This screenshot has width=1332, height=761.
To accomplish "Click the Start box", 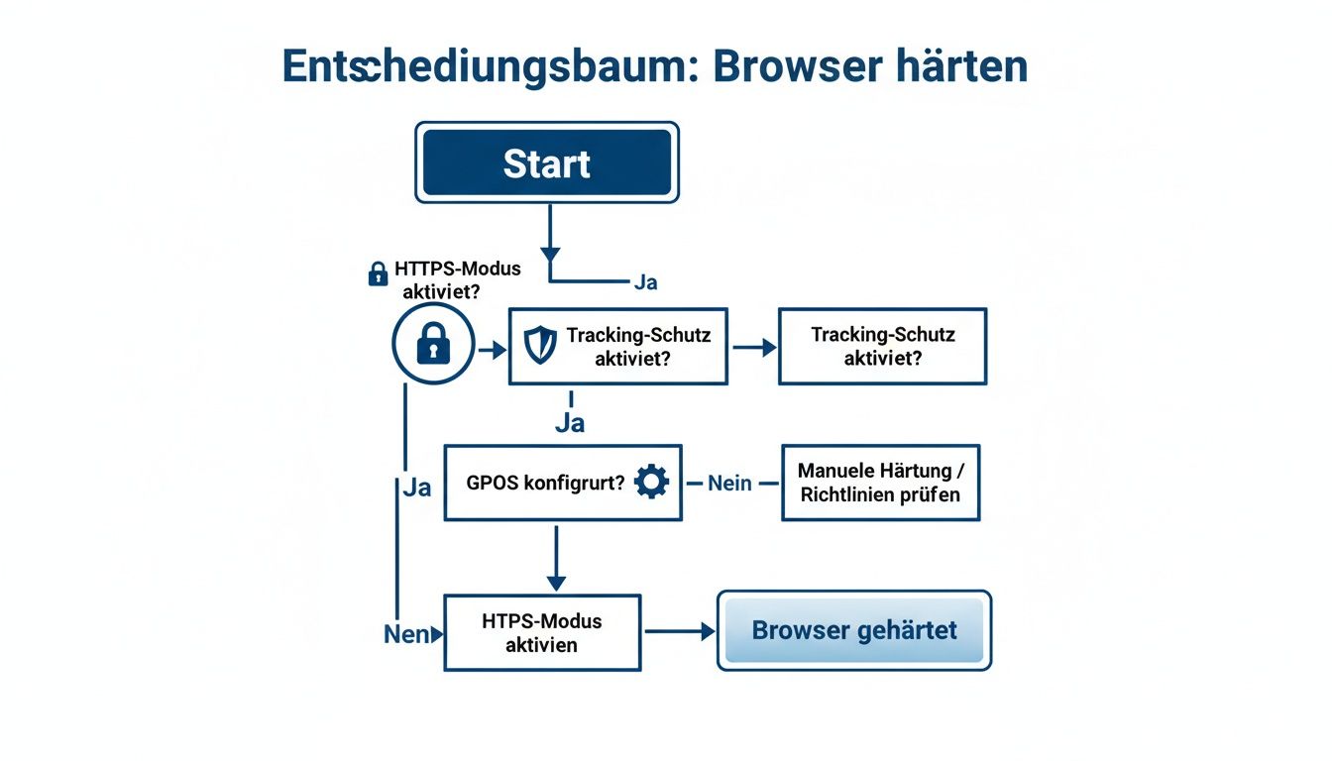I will (546, 163).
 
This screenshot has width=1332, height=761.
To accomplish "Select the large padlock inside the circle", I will (433, 344).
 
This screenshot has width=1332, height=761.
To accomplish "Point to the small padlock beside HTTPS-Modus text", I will (378, 274).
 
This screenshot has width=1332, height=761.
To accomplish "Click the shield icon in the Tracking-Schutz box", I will (540, 345).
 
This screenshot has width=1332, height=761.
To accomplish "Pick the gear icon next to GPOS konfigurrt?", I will (651, 483).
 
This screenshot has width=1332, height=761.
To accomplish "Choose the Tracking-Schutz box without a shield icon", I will (882, 346).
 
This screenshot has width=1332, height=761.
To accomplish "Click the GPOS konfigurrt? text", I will (545, 484).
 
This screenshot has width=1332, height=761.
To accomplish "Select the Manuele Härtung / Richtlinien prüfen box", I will (879, 482).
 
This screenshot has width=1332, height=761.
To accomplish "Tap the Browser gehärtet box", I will (853, 630).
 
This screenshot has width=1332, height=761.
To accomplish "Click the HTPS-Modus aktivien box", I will (542, 632).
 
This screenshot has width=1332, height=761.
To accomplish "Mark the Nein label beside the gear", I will (730, 484).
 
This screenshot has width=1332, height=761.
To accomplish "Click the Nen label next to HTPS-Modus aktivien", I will (404, 634).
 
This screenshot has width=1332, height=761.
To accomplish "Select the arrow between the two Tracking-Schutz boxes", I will (754, 347).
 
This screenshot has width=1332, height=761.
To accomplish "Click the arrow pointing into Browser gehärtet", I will (681, 631).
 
